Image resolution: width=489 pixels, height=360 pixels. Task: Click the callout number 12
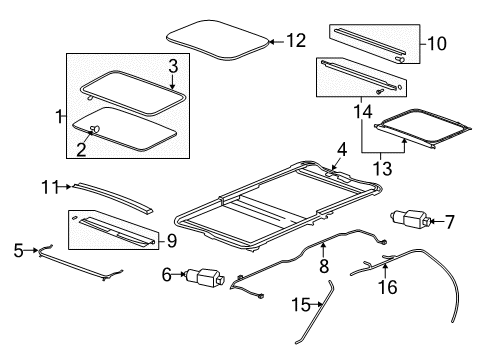point(296,41)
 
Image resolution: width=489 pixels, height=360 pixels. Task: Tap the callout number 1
point(58,118)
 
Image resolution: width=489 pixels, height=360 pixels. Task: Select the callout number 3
point(172,65)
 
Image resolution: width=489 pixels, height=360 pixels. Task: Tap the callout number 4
point(342,151)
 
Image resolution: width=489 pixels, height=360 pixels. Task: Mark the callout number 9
point(172,239)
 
